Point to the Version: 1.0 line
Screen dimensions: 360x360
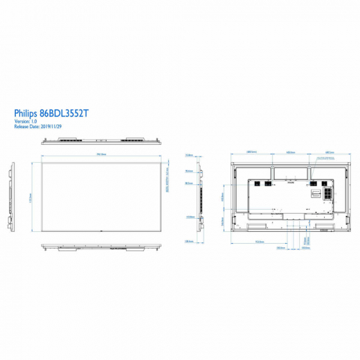click(26, 120)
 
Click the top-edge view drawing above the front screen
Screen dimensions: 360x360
click(101, 141)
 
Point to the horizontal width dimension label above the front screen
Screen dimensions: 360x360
click(101, 154)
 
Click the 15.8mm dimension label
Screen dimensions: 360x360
click(188, 155)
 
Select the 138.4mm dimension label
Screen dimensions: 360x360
click(188, 241)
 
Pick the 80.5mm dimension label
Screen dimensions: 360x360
click(188, 183)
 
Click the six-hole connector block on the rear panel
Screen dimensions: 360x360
click(323, 194)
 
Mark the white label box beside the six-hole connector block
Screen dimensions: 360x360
click(314, 194)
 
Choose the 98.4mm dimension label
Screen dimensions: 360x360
click(188, 170)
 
